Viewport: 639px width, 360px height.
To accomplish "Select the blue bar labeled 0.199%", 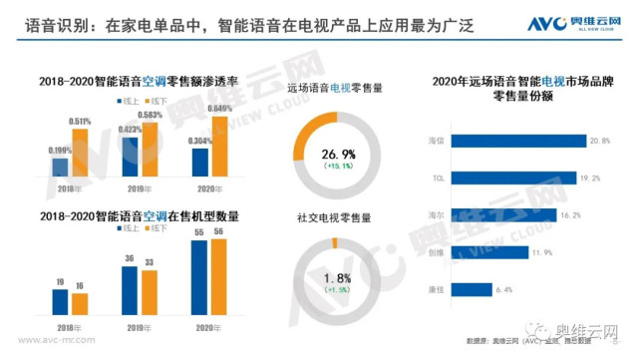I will (60, 168).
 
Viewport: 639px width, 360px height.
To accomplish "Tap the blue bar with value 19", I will (60, 301).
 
